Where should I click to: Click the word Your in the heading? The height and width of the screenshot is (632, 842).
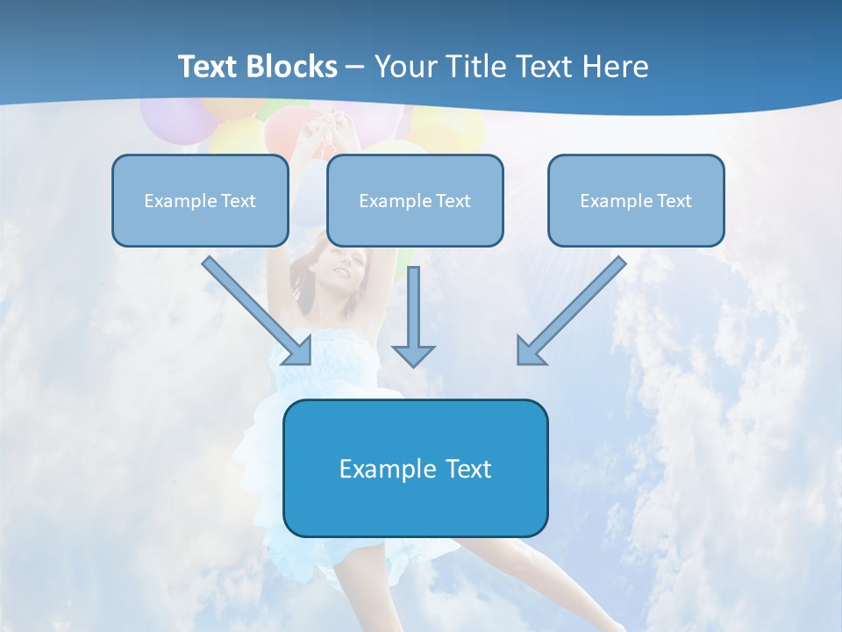coord(407,66)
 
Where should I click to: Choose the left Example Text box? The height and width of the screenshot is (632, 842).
coord(200,200)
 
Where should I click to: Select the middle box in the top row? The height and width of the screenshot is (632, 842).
coord(415,200)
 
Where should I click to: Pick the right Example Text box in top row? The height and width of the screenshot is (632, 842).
coord(636,200)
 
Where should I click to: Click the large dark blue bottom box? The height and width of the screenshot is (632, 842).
coord(415,468)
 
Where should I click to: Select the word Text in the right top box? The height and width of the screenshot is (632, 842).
coord(674,200)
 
